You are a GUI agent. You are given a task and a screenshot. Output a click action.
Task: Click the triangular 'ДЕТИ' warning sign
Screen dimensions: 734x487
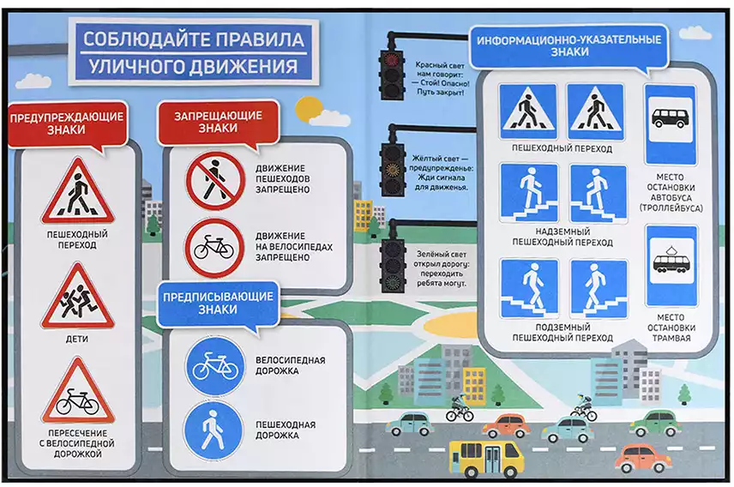click(77, 298)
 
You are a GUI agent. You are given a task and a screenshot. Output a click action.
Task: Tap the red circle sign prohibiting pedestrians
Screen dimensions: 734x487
click(215, 181)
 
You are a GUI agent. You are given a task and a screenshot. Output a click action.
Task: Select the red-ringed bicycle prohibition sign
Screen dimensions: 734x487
click(215, 247)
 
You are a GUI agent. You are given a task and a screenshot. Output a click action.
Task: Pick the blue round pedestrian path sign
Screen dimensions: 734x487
click(214, 430)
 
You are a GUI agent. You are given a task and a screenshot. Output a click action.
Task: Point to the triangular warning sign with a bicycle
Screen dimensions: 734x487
click(78, 393)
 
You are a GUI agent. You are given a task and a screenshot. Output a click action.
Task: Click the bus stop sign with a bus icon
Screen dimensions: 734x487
click(670, 123)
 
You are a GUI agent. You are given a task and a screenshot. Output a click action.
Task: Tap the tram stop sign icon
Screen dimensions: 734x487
click(671, 265)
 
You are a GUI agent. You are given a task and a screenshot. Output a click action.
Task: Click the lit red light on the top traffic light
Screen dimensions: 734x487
click(390, 59)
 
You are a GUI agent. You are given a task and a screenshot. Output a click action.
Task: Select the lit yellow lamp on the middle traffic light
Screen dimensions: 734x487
click(392, 168)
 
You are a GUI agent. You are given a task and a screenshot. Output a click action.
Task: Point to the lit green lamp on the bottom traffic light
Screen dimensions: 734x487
click(392, 280)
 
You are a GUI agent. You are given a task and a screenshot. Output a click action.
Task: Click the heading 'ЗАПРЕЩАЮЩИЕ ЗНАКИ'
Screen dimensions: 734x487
click(218, 122)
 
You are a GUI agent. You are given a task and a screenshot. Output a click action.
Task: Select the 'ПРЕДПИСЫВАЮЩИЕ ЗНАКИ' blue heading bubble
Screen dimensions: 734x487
click(218, 303)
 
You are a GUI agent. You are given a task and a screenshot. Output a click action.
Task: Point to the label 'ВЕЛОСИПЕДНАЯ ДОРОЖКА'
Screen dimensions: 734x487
click(290, 365)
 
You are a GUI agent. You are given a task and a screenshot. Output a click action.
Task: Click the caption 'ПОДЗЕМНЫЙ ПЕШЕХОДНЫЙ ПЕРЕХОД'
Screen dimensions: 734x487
click(563, 332)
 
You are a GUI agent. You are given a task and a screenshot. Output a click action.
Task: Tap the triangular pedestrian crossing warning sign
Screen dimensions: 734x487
click(77, 192)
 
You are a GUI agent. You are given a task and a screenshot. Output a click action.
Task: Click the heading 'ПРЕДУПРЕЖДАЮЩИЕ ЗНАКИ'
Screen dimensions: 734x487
click(67, 123)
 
